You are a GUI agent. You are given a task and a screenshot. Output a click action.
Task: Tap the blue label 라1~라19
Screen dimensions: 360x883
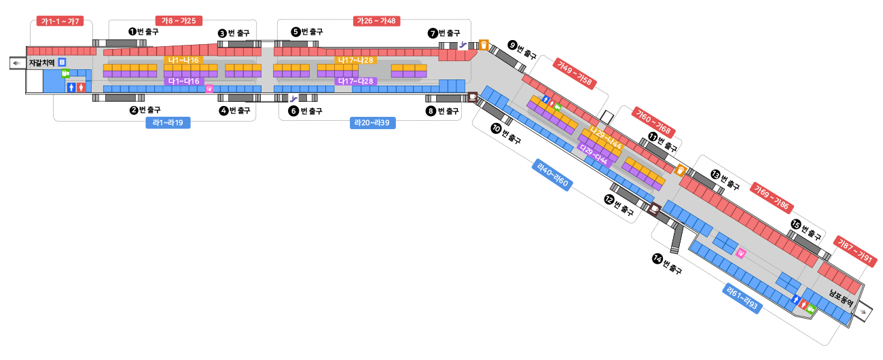[x=168, y=123]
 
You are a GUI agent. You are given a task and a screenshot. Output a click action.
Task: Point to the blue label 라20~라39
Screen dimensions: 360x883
[x=373, y=123]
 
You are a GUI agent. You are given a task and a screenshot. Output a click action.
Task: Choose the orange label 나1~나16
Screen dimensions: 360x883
[x=183, y=60]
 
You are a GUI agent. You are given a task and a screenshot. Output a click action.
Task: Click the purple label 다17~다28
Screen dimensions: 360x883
[x=356, y=82]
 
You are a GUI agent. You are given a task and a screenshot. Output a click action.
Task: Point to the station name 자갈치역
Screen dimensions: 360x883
[x=41, y=62]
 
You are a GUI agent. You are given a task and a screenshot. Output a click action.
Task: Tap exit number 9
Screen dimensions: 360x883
[x=512, y=46]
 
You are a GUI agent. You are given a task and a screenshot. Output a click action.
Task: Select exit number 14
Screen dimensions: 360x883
[x=657, y=258]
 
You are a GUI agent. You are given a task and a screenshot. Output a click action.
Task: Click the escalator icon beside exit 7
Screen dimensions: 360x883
[x=463, y=45]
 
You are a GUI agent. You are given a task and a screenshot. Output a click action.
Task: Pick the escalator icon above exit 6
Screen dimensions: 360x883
[x=293, y=98]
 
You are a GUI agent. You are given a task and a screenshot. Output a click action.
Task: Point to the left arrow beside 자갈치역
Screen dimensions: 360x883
[x=18, y=62]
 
